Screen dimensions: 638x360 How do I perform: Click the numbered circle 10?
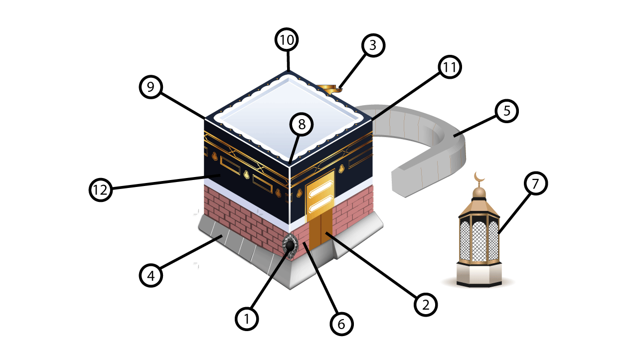287,40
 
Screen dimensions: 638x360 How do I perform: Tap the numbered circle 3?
373,45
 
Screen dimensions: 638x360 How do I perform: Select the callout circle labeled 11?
450,67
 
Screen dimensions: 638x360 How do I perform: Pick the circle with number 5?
507,111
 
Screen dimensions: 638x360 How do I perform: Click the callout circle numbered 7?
536,183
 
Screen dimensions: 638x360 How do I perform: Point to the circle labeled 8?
302,125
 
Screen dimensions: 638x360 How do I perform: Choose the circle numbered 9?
151,87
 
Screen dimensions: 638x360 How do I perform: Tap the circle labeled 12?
101,190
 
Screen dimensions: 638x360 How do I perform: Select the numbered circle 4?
151,275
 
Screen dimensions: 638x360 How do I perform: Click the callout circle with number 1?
247,319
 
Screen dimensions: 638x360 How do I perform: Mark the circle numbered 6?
341,324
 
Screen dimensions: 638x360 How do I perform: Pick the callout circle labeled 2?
426,305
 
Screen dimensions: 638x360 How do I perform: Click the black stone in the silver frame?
290,246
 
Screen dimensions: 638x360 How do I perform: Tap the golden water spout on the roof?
329,88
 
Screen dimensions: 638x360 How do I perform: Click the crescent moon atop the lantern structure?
479,178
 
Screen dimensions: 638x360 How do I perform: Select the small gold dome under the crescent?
479,192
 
